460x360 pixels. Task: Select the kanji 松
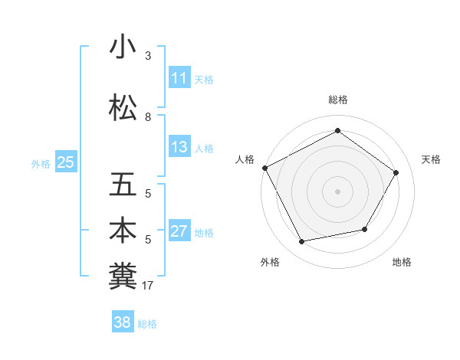click(123, 108)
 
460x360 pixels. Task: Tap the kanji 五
click(123, 185)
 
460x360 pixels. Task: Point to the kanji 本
click(123, 231)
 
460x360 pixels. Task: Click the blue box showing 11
click(179, 78)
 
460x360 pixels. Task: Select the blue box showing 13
click(179, 147)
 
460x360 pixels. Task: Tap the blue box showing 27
click(179, 231)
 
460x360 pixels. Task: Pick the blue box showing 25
click(65, 162)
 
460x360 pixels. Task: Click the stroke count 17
click(148, 286)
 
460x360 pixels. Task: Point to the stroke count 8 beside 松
click(148, 117)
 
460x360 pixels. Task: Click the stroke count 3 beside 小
click(148, 56)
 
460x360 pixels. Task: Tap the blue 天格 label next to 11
click(204, 79)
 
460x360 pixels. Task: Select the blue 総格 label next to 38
click(147, 323)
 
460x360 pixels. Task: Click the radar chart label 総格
click(338, 100)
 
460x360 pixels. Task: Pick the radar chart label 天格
click(432, 159)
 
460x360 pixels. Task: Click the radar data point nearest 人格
click(265, 168)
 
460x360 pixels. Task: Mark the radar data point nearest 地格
click(365, 229)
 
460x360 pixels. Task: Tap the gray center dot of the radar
click(338, 191)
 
